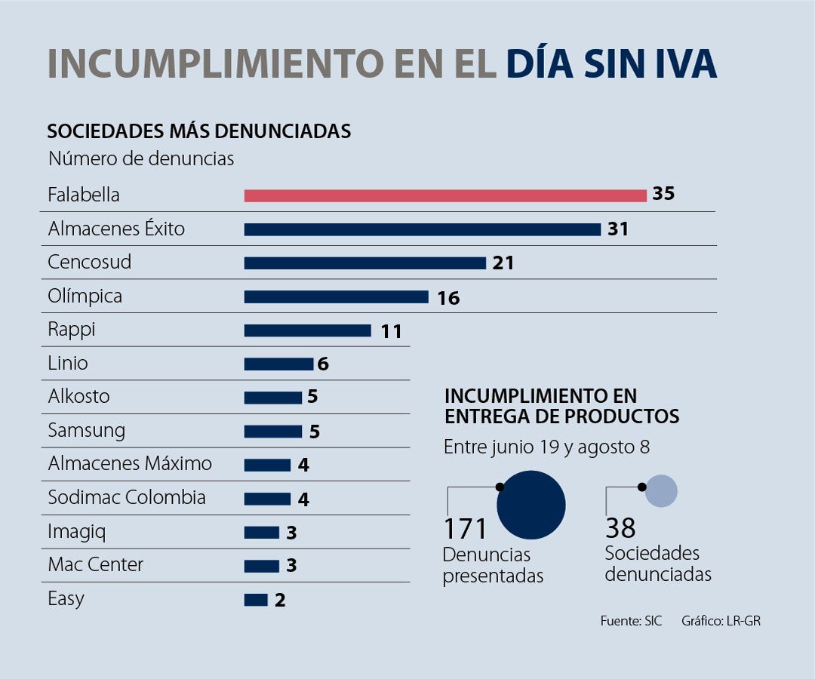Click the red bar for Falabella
tap(445, 196)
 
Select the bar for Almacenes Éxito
tap(422, 229)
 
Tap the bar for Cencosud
tap(364, 263)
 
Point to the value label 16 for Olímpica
tap(448, 298)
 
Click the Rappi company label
tap(72, 330)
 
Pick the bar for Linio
tap(278, 364)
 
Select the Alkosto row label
tap(78, 397)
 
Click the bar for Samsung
tap(272, 432)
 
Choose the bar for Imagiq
tap(261, 533)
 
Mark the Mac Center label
tap(95, 564)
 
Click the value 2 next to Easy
tap(280, 601)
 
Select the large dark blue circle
tap(531, 505)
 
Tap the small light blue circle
tap(662, 491)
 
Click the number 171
tap(466, 528)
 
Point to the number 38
tap(620, 527)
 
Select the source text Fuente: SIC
tap(631, 622)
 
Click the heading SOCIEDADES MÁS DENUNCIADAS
tap(198, 131)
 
